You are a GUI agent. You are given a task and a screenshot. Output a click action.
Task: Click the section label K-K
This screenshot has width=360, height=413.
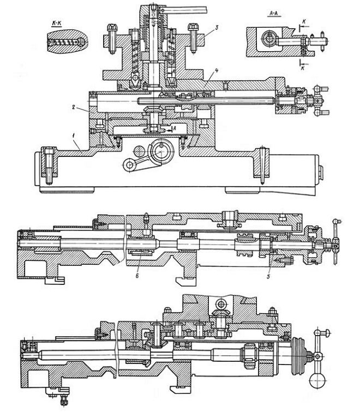coord(56,23)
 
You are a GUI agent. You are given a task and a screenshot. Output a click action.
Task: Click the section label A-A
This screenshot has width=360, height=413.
coord(274,13)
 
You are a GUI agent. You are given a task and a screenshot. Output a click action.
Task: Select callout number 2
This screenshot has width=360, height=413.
coord(74,107)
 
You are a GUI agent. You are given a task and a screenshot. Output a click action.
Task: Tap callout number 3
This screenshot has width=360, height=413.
coord(216,27)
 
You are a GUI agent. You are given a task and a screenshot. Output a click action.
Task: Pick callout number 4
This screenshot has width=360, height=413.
coord(216,70)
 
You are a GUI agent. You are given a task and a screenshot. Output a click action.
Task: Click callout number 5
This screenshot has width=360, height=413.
coord(268,277)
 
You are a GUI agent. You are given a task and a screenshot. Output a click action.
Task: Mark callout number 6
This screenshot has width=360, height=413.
coord(137,276)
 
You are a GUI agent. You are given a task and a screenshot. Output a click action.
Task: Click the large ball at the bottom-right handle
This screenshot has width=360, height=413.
coord(317,381)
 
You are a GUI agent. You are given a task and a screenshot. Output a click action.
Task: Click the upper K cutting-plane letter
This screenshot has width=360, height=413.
coord(304,22)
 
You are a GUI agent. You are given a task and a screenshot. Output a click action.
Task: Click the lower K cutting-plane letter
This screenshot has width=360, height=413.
coord(303,68)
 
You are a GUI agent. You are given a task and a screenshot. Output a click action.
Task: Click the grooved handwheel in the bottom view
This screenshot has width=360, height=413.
coord(298,356)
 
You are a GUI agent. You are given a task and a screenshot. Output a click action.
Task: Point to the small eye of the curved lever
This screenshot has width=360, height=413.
coord(129,165)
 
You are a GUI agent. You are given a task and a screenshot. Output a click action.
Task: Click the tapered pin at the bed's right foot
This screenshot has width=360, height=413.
coord(262,165)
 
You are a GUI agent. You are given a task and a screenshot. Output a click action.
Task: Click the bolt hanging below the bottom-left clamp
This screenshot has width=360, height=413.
coord(63,398)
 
